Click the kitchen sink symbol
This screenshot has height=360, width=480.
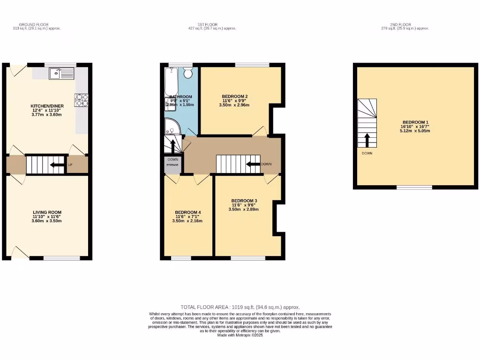coord(61,73)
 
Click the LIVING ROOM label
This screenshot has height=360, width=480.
coord(47,212)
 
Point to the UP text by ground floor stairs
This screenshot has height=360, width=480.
coord(70,165)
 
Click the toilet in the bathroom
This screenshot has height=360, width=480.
coord(188,73)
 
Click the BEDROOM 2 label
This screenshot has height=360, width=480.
coord(234,97)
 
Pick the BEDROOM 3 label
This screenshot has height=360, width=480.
coord(244,200)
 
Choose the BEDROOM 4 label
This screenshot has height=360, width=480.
coord(188,212)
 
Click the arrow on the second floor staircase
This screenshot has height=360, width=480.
coord(367,140)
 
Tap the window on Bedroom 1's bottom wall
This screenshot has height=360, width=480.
coord(414,187)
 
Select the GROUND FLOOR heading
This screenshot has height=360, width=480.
coord(34,24)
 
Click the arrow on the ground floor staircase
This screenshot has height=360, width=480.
coord(57,165)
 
